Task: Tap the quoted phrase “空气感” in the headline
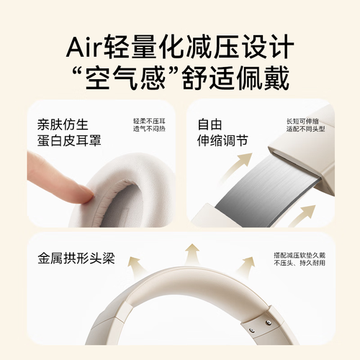point(124,77)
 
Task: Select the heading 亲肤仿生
point(63,125)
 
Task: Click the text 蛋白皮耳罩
point(69,140)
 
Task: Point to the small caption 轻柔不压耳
point(149,121)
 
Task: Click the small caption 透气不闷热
point(149,129)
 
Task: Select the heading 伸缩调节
point(222,140)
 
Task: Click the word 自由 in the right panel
point(210,125)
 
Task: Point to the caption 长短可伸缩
point(302,121)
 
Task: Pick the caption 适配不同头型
point(305,129)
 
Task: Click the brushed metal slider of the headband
point(269,189)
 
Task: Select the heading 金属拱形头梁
point(76,258)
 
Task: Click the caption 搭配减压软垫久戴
point(300,255)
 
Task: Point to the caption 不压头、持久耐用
point(300,263)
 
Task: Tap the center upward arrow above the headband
point(192,254)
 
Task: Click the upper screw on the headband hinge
point(269,323)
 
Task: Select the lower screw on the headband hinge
point(251,330)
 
